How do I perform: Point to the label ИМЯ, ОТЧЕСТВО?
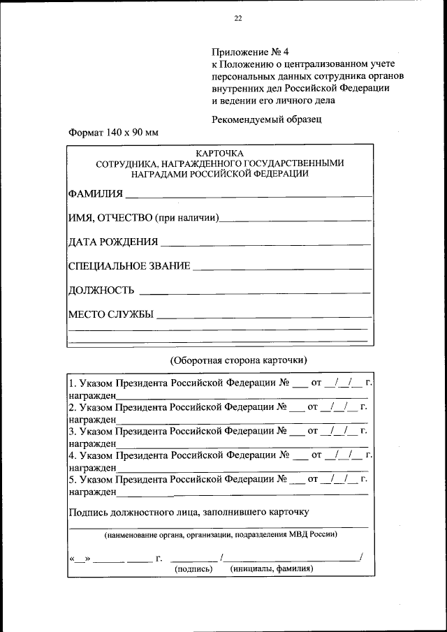click(110, 218)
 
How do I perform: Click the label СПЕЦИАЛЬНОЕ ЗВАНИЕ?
click(129, 266)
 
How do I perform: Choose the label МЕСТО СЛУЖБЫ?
click(110, 314)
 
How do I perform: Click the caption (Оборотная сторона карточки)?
click(238, 360)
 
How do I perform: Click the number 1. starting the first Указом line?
click(72, 384)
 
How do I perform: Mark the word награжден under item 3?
click(91, 443)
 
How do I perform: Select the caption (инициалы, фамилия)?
click(271, 568)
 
